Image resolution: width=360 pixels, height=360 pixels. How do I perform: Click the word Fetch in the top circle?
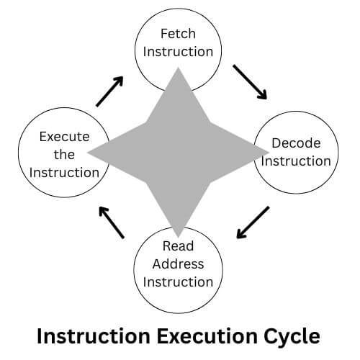coord(178,34)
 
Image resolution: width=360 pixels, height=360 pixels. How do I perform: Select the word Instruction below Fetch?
coord(178,52)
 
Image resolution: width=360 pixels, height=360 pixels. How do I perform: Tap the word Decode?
coord(296,143)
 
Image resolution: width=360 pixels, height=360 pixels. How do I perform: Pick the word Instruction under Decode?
coord(296,161)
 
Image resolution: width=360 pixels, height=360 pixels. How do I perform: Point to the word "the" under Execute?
coord(63,154)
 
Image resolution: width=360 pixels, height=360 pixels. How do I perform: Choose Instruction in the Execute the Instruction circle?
coord(63,172)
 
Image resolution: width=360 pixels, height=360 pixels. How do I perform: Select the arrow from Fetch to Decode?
coord(249,82)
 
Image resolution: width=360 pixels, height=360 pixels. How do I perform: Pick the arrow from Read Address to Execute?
coord(112,222)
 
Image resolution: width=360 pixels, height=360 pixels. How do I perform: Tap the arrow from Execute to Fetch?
coord(109,91)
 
